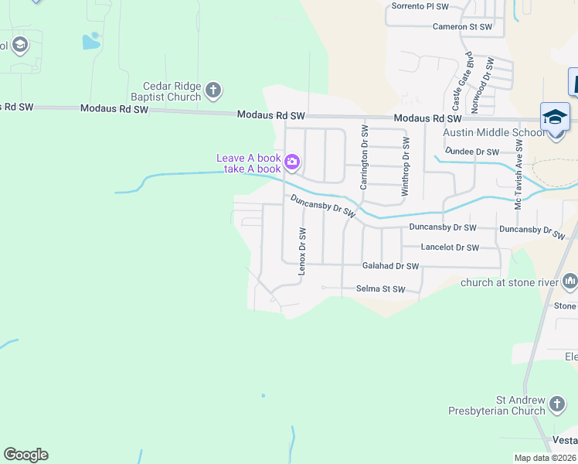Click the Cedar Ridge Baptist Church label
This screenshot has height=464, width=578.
[x=172, y=91]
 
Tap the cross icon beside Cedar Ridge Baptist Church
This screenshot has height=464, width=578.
[x=214, y=91]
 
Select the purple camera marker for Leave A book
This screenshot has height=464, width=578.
[x=292, y=162]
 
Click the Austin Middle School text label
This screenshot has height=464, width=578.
[x=493, y=132]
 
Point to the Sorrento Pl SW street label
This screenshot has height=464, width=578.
[x=420, y=6]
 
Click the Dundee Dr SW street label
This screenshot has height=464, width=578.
[x=471, y=152]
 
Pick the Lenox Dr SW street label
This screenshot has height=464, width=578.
[x=302, y=251]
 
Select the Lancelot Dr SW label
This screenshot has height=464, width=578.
[x=450, y=247]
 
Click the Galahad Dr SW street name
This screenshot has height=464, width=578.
[x=390, y=266]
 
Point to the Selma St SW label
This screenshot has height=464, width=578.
[x=380, y=289]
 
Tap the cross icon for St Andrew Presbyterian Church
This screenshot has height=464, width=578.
[x=557, y=403]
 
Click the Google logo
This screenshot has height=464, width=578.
[x=25, y=455]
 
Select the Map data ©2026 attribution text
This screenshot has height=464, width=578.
[x=544, y=458]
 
